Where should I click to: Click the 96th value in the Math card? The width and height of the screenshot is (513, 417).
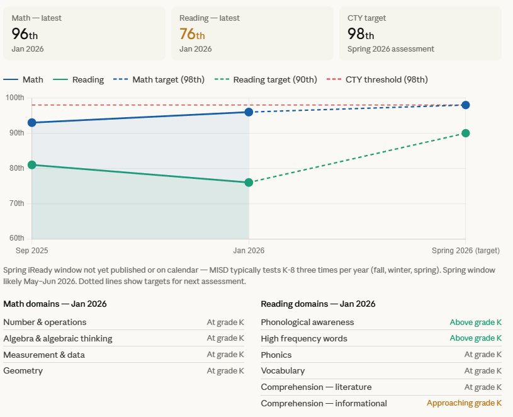[25, 34]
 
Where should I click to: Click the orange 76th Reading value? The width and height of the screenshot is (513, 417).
[192, 34]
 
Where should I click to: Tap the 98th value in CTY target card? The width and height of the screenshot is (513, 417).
[360, 34]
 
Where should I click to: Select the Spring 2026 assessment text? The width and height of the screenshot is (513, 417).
[390, 49]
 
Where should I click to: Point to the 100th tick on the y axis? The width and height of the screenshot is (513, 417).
[15, 98]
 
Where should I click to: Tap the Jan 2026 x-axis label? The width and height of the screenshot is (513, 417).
[249, 251]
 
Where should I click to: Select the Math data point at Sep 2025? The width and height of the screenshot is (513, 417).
[32, 122]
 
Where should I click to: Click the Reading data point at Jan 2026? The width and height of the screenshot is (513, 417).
[249, 183]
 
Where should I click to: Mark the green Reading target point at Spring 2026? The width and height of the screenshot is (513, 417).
[466, 133]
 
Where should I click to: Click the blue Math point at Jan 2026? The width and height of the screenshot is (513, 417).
[249, 111]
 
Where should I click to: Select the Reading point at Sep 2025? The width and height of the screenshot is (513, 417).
[32, 165]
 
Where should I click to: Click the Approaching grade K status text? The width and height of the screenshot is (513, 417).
[464, 403]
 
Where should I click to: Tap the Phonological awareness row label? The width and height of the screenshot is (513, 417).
[307, 323]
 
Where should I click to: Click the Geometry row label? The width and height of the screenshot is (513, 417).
[23, 371]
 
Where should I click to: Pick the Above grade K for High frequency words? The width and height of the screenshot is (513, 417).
[475, 338]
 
